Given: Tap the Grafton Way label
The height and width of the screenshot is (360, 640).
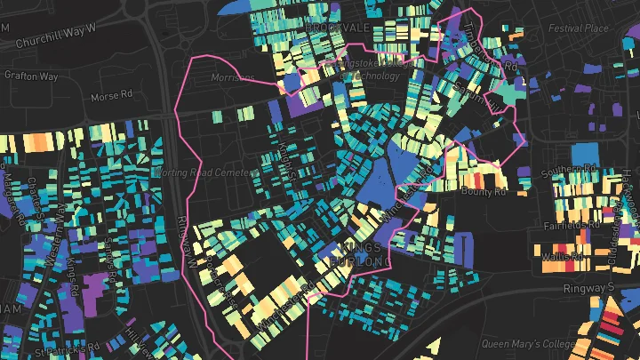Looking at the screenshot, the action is coord(30,76).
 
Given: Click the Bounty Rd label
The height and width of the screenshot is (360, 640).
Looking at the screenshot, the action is coord(484,190).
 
